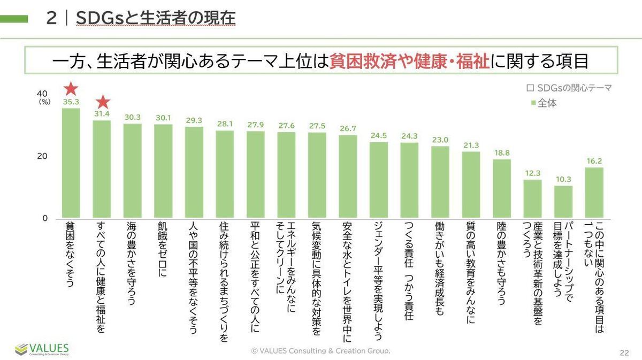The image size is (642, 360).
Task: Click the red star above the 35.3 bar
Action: tap(71, 88)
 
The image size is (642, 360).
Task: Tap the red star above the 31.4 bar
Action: tap(102, 102)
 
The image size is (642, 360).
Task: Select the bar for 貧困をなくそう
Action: tap(71, 163)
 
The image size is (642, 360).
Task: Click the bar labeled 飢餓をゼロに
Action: tap(163, 171)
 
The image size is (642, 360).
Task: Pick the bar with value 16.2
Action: tap(594, 193)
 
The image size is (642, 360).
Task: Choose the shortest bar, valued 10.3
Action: tap(563, 202)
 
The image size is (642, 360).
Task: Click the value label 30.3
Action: tap(132, 117)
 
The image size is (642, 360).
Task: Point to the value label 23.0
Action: tap(440, 140)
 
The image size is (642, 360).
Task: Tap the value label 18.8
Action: tap(501, 152)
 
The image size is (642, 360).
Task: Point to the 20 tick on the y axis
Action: tap(42, 156)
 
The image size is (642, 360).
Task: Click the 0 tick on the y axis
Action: tap(45, 218)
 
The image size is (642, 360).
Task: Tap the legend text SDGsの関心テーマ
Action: tap(574, 88)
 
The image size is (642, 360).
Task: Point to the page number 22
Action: tap(623, 352)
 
